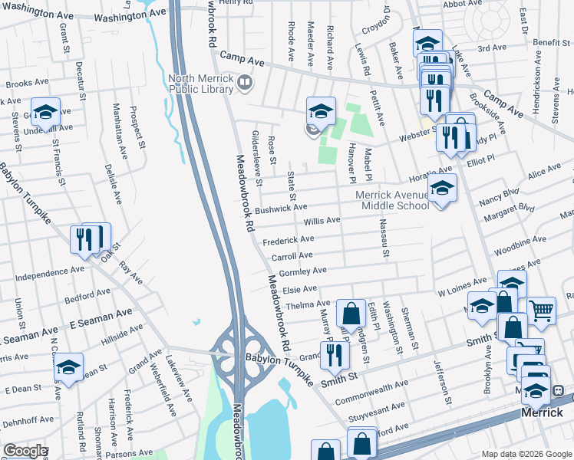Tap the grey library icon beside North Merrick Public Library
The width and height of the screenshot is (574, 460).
click(x=245, y=80)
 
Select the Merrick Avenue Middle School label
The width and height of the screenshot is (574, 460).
click(x=392, y=200)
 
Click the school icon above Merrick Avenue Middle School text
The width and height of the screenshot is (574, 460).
click(x=442, y=187)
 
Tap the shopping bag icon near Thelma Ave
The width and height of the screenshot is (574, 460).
click(x=351, y=313)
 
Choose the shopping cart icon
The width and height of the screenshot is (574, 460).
click(x=541, y=310)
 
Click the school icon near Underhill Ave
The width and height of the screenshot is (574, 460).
click(x=45, y=112)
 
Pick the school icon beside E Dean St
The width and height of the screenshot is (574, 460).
click(x=68, y=366)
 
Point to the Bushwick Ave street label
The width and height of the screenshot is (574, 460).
click(x=282, y=208)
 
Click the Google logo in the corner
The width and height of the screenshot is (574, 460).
click(x=25, y=451)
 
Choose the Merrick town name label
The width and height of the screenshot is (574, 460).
click(x=543, y=412)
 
